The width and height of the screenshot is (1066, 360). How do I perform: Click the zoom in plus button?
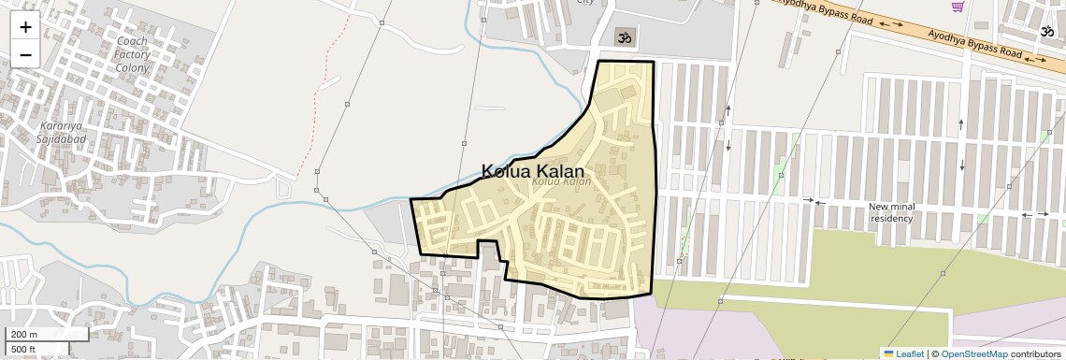(x=25, y=26)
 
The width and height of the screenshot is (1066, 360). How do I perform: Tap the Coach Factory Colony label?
(x=132, y=55)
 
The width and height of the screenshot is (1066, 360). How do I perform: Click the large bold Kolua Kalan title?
(x=532, y=171)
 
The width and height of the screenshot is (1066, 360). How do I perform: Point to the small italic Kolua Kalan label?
(x=562, y=181)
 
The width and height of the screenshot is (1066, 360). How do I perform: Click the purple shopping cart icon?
(x=958, y=7)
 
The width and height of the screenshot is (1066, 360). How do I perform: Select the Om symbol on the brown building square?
(x=624, y=37)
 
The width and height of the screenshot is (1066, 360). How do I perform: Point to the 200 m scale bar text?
(x=24, y=334)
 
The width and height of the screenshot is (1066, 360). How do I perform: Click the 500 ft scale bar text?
(x=23, y=350)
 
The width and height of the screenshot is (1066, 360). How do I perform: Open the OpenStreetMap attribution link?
(x=974, y=353)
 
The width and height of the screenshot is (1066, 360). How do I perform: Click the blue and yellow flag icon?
(x=889, y=353)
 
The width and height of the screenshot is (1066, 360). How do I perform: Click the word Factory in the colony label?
(x=132, y=55)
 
